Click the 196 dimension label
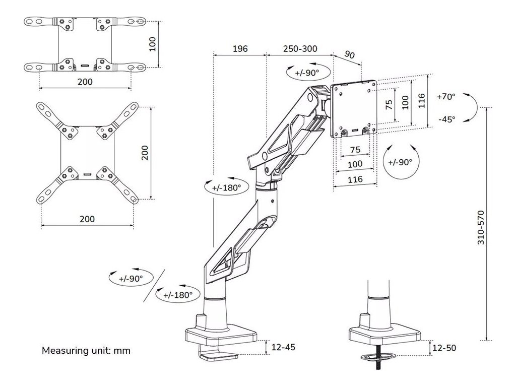coord(240,49)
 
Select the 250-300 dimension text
coord(300,49)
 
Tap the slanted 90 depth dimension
coord(349,54)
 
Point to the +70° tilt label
coord(445,96)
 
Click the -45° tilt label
coord(446,119)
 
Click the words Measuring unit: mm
coord(86,350)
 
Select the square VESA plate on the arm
coord(354,109)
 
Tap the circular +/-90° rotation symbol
coord(401,162)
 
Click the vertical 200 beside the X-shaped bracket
coord(145,152)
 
